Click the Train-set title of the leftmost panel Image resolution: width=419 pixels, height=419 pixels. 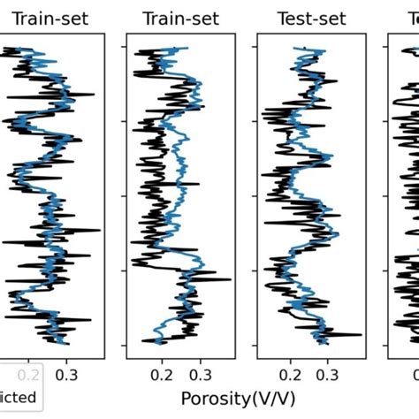click(50, 18)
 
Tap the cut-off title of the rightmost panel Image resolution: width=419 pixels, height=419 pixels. click(411, 18)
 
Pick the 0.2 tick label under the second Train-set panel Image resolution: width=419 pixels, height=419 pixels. click(162, 374)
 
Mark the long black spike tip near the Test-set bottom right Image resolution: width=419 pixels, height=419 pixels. click(362, 335)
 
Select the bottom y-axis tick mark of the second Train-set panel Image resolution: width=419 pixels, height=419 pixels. click(124, 344)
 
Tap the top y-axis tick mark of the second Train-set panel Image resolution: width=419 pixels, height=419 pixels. click(124, 49)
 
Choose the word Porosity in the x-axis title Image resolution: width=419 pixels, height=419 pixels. click(217, 397)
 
